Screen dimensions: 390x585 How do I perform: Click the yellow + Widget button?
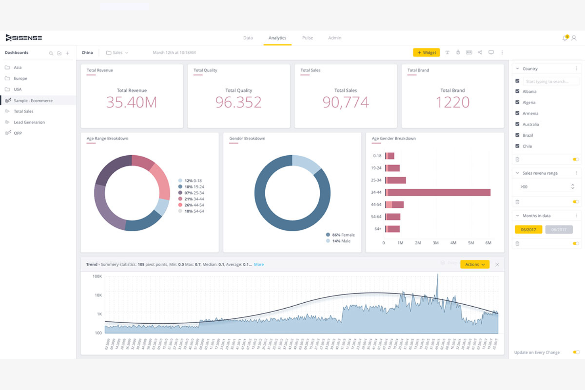[x=426, y=53]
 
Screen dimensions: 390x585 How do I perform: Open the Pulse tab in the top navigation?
[x=307, y=38]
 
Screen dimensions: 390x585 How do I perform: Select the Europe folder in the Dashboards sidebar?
[x=20, y=79]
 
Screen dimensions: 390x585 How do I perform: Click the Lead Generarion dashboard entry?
[x=29, y=122]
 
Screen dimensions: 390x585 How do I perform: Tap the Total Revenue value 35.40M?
[x=132, y=102]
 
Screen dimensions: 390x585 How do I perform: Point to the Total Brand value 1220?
[x=452, y=102]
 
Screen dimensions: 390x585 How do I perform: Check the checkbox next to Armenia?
[x=517, y=113]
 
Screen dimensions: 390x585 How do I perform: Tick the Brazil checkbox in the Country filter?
[x=517, y=135]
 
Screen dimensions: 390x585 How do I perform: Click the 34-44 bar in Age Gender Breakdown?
[x=438, y=192]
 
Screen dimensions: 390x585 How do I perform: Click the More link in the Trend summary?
[x=259, y=265]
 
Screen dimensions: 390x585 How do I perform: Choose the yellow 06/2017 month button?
[x=528, y=230]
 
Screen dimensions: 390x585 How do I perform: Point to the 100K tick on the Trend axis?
[x=97, y=277]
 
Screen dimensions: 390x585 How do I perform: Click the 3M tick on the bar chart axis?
[x=436, y=243]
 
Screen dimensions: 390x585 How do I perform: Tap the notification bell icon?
[x=565, y=38]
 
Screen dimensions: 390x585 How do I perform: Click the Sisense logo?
[x=24, y=38]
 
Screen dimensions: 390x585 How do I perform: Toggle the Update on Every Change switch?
[x=576, y=352]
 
